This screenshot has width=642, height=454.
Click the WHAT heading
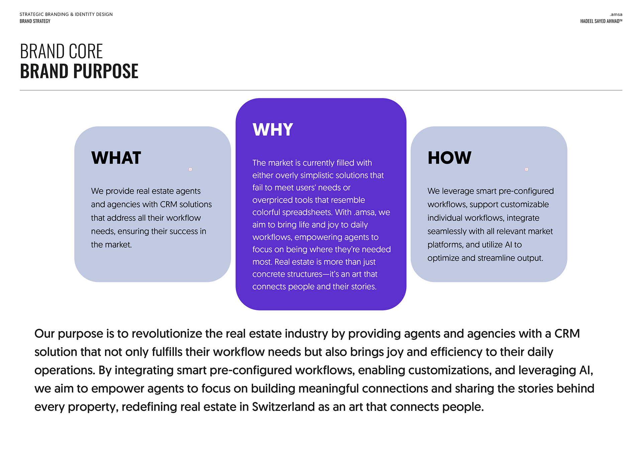click(x=116, y=158)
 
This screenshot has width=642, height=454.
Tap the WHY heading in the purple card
click(x=273, y=130)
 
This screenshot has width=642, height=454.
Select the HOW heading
click(x=449, y=158)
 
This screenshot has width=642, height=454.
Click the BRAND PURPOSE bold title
click(x=79, y=71)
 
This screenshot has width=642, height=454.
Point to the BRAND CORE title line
click(x=62, y=51)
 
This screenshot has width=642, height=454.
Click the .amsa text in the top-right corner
click(x=616, y=14)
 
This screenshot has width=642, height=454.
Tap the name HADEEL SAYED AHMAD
click(x=600, y=21)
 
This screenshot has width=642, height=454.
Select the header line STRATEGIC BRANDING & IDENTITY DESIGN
click(x=66, y=14)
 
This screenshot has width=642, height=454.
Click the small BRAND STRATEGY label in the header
click(x=35, y=21)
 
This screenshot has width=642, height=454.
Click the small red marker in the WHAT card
click(x=190, y=169)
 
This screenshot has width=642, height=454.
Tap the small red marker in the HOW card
click(x=527, y=169)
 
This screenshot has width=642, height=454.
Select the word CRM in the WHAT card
click(x=169, y=204)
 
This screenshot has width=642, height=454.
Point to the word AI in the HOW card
click(x=509, y=245)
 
